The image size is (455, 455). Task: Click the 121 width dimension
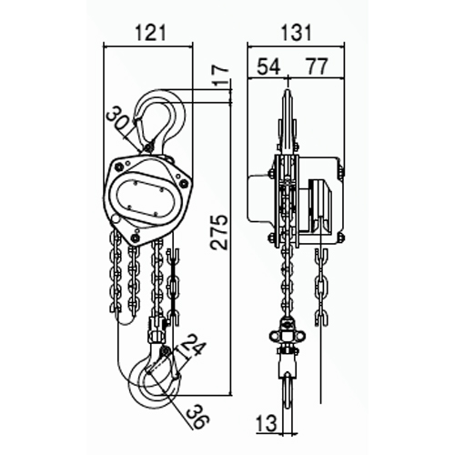(x=151, y=33)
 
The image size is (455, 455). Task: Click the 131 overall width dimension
(x=297, y=33)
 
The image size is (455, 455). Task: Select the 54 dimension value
(x=268, y=66)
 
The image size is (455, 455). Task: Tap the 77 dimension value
(x=317, y=66)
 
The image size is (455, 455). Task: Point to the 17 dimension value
(x=220, y=75)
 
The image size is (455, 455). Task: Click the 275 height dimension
(x=219, y=232)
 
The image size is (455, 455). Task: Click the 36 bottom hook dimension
(x=197, y=417)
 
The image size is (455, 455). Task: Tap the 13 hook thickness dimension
(x=267, y=423)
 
